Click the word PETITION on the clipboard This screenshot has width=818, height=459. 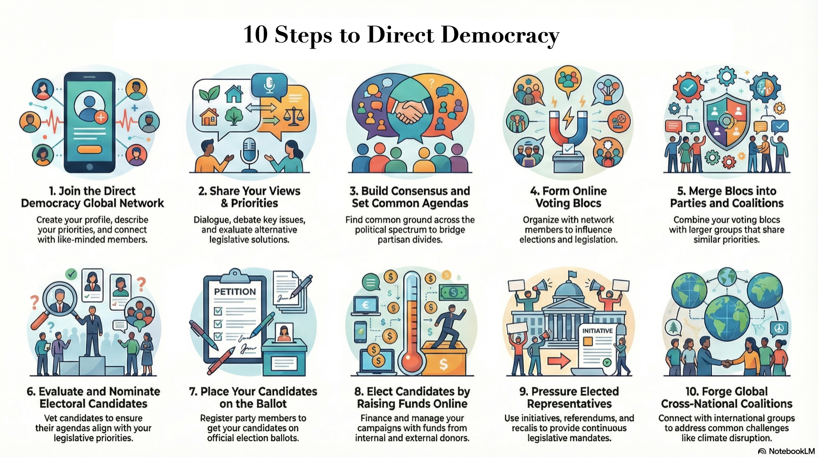(x=235, y=292)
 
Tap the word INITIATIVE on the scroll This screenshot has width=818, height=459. (x=597, y=331)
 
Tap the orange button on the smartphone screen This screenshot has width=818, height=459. (x=90, y=149)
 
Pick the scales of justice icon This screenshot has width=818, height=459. (x=294, y=115)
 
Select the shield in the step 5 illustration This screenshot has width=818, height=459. (x=727, y=120)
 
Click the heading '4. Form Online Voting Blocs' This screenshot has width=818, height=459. (x=568, y=197)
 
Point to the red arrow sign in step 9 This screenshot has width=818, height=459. (x=559, y=362)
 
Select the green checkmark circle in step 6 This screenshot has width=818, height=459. (x=71, y=273)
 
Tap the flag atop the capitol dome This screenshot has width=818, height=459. (x=572, y=274)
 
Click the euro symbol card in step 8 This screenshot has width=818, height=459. (x=365, y=306)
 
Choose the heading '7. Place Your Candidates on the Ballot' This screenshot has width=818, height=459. (x=253, y=397)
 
